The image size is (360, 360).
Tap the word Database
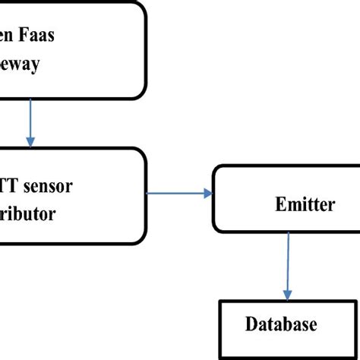[x=281, y=325]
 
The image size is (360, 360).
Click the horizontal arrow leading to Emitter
[x=178, y=194]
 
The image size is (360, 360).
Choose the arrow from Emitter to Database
[x=287, y=266]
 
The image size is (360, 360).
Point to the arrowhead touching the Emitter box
[x=207, y=194]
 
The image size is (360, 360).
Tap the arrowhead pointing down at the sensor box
[x=30, y=141]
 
